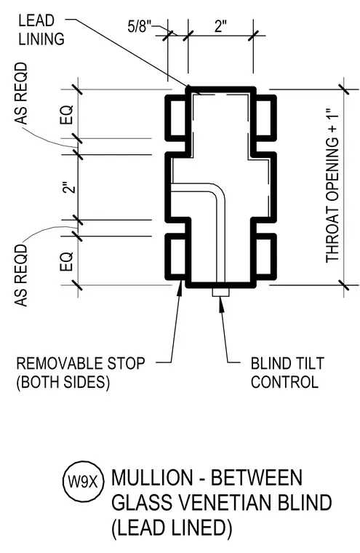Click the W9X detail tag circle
[84, 482]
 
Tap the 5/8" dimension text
[140, 26]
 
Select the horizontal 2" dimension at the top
[220, 26]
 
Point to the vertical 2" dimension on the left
[71, 187]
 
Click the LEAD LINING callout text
[41, 30]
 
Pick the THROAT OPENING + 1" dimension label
[332, 186]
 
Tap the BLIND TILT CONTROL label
[287, 373]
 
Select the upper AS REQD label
[21, 93]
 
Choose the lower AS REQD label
[21, 275]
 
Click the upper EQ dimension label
[66, 114]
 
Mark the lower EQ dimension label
[66, 262]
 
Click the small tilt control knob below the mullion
[220, 293]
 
